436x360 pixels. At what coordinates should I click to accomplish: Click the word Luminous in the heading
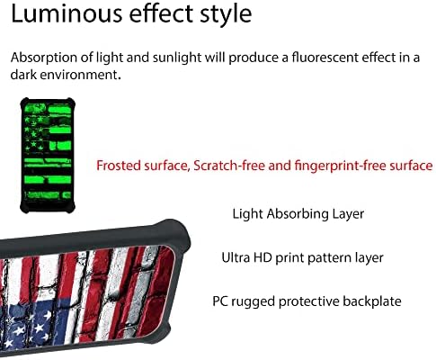(x=67, y=13)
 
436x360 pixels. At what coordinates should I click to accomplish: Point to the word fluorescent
(x=325, y=57)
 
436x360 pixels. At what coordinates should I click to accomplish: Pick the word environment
(x=80, y=74)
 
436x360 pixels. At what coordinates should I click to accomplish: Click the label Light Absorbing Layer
(x=298, y=214)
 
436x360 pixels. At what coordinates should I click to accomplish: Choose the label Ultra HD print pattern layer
(x=302, y=258)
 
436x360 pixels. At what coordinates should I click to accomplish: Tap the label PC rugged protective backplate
(x=307, y=301)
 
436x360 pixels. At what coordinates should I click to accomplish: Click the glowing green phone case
(x=48, y=156)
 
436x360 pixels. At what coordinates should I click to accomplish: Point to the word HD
(x=262, y=257)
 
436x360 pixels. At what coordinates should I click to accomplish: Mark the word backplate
(x=372, y=301)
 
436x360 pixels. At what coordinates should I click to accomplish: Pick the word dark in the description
(x=23, y=74)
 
